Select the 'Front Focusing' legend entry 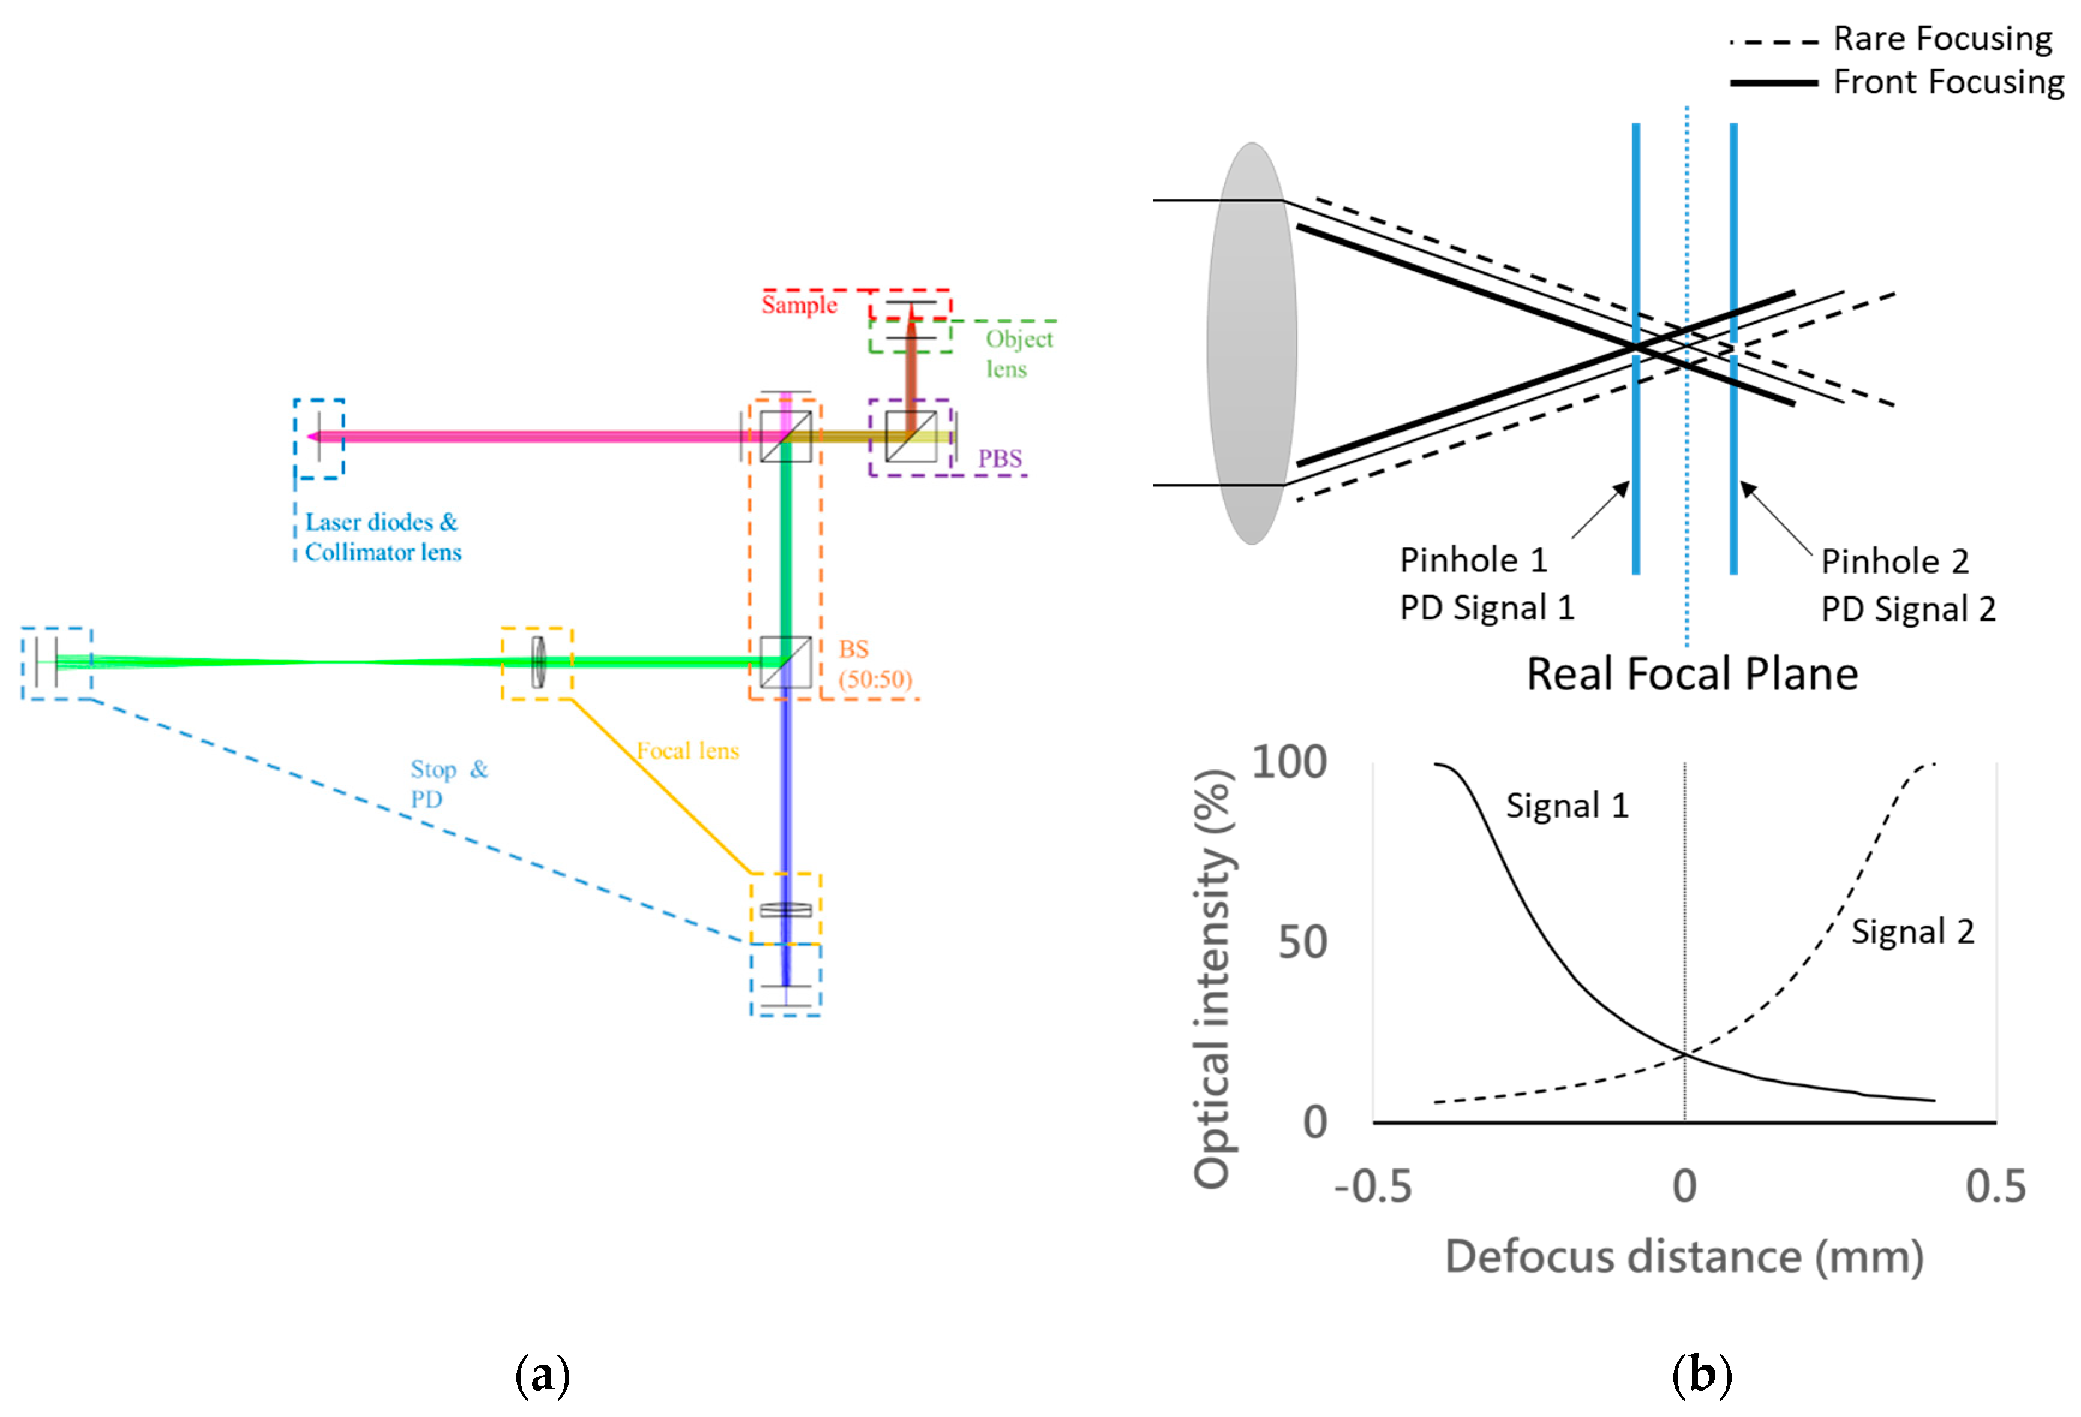1948,82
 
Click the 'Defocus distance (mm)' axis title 1684,1257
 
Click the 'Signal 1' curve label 1567,806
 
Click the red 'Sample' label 799,305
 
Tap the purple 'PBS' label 999,458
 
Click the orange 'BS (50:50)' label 874,664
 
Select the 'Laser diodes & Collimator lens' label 382,536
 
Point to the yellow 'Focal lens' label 687,751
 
